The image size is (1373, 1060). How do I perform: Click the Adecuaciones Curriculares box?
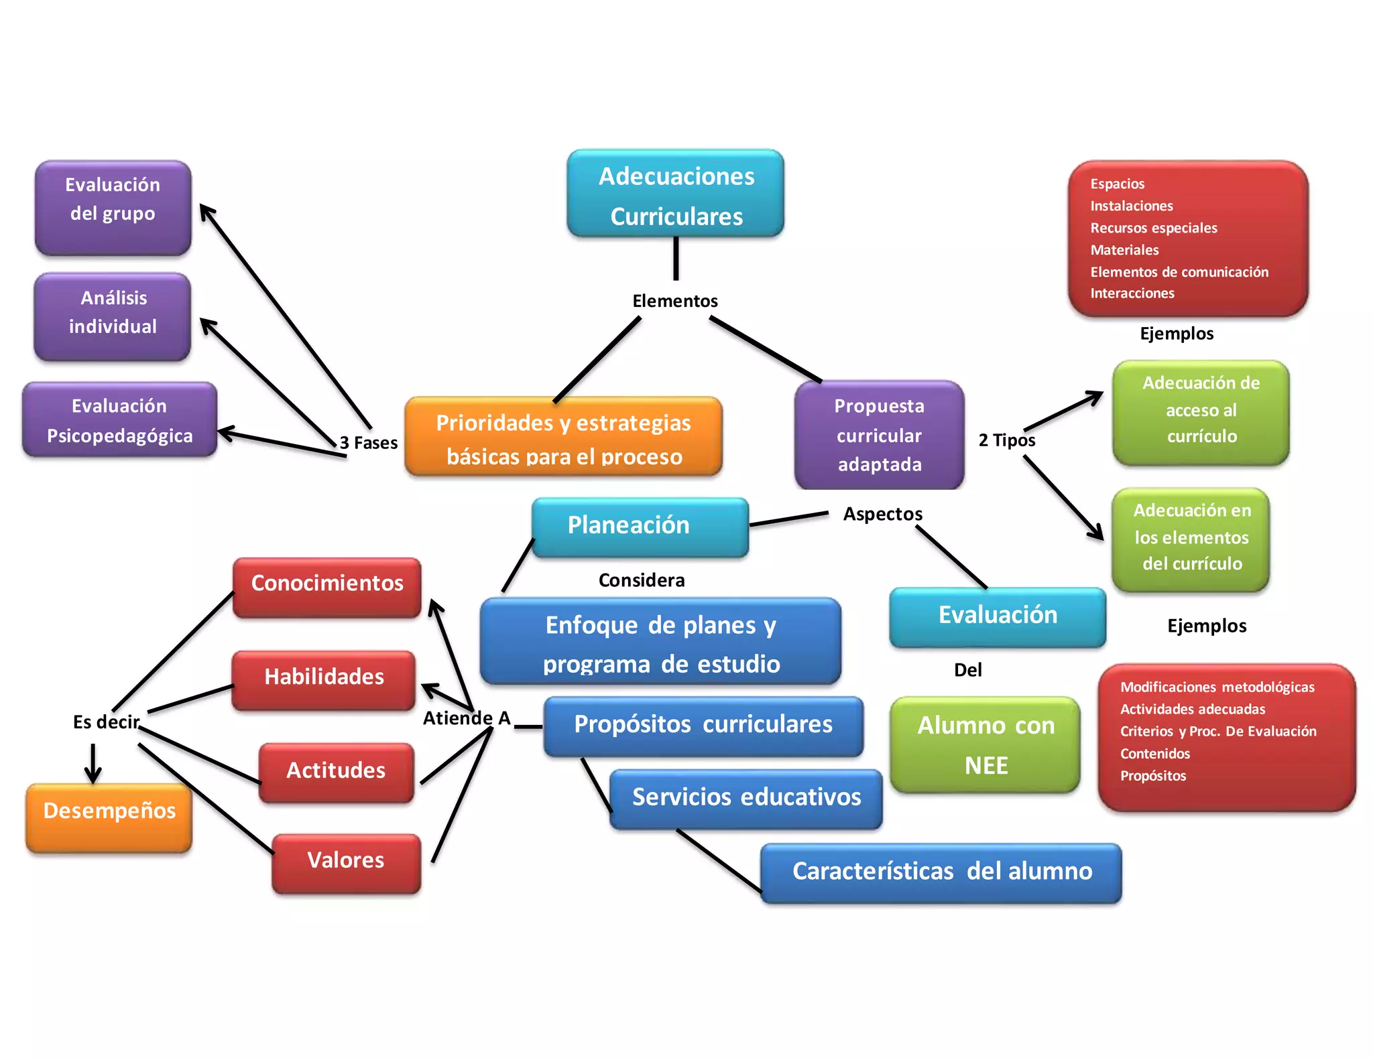click(675, 194)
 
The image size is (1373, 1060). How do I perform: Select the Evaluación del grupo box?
click(113, 208)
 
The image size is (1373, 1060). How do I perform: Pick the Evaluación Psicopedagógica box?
click(119, 420)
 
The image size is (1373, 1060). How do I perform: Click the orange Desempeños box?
click(109, 817)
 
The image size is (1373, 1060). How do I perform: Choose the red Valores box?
click(346, 863)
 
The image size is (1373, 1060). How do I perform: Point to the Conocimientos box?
click(327, 587)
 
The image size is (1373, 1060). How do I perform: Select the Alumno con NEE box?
click(986, 745)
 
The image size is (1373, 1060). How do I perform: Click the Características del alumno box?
click(941, 872)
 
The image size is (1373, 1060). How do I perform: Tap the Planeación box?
click(640, 527)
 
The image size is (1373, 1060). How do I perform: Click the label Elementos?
click(675, 301)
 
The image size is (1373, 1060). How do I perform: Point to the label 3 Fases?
click(369, 443)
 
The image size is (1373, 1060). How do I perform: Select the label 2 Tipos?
click(1007, 440)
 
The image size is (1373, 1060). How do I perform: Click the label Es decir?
click(107, 722)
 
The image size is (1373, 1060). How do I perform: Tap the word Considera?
click(642, 580)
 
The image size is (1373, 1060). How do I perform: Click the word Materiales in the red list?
click(1124, 250)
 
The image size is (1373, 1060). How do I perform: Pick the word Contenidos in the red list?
click(1155, 754)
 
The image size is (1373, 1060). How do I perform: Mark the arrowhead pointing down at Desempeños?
click(93, 775)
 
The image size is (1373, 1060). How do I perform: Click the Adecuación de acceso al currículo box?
click(1201, 412)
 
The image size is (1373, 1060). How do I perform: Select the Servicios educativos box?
click(746, 799)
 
